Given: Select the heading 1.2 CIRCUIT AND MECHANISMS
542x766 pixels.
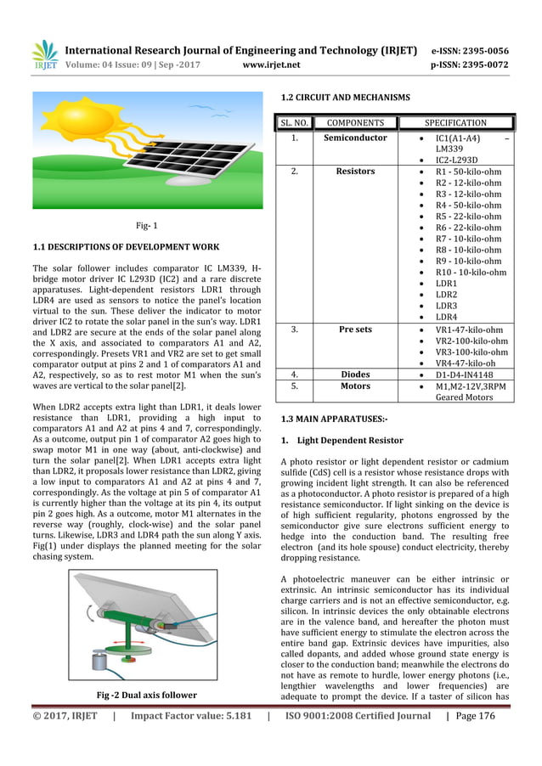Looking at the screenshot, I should tap(339, 98).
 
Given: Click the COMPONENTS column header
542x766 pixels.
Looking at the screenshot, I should tap(355, 123).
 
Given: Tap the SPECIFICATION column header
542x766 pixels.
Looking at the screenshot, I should tap(455, 123).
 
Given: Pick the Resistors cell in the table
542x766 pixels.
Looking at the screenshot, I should tap(355, 172).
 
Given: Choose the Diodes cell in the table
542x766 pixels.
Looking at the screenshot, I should tap(355, 373).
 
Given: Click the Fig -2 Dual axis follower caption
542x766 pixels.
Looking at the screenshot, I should tap(147, 696).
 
